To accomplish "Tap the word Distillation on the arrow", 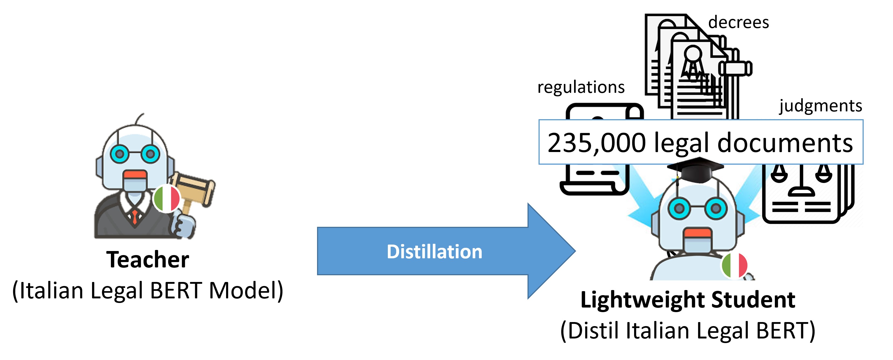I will (x=434, y=252).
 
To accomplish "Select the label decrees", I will (x=739, y=23).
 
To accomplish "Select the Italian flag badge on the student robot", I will (x=734, y=265).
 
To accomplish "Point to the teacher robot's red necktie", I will (x=135, y=217).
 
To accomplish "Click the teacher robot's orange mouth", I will (x=135, y=175).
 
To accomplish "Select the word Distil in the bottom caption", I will (x=593, y=331).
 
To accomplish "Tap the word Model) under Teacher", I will (x=246, y=290).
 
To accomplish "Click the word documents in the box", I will (x=785, y=143).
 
